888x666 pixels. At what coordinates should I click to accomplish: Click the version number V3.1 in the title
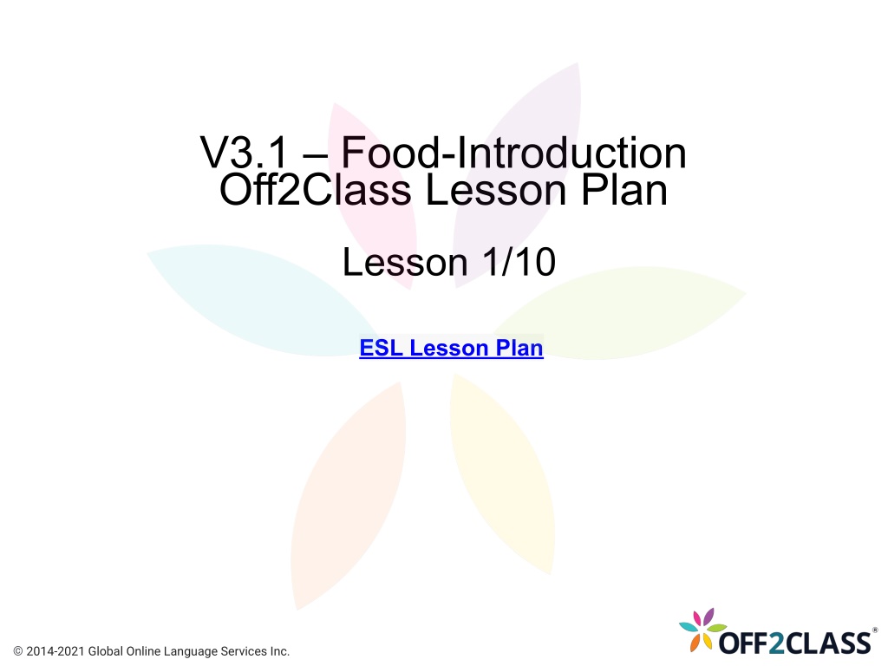pyautogui.click(x=244, y=152)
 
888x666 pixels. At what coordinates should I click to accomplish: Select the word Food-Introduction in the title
pyautogui.click(x=513, y=152)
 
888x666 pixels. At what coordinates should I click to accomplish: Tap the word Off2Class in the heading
pyautogui.click(x=316, y=189)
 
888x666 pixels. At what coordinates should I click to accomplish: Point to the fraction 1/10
pyautogui.click(x=519, y=262)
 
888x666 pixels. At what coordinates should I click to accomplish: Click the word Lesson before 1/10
pyautogui.click(x=405, y=262)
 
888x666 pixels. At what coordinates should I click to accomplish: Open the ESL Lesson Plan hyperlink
pyautogui.click(x=451, y=348)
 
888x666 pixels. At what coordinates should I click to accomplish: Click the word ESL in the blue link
pyautogui.click(x=382, y=348)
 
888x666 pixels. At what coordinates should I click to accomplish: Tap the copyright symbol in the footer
pyautogui.click(x=18, y=651)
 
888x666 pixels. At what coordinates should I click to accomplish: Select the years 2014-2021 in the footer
pyautogui.click(x=55, y=651)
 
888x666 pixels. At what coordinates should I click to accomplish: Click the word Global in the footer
pyautogui.click(x=105, y=651)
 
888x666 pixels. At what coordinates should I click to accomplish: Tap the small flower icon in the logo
pyautogui.click(x=702, y=630)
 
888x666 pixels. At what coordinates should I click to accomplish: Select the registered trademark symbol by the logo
pyautogui.click(x=875, y=630)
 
